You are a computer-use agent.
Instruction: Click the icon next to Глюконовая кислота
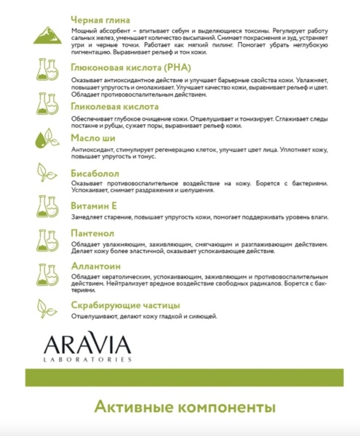[48, 71]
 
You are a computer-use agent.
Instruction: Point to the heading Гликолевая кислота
[113, 106]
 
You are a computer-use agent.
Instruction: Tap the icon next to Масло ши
[48, 138]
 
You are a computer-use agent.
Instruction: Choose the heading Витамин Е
[94, 206]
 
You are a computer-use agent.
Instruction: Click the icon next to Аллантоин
[48, 274]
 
